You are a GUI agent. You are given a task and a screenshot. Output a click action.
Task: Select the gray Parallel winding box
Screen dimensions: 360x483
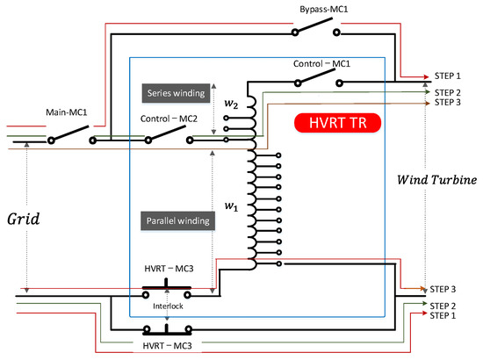tap(175, 221)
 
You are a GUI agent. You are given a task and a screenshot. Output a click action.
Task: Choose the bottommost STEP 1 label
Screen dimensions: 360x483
tap(444, 316)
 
